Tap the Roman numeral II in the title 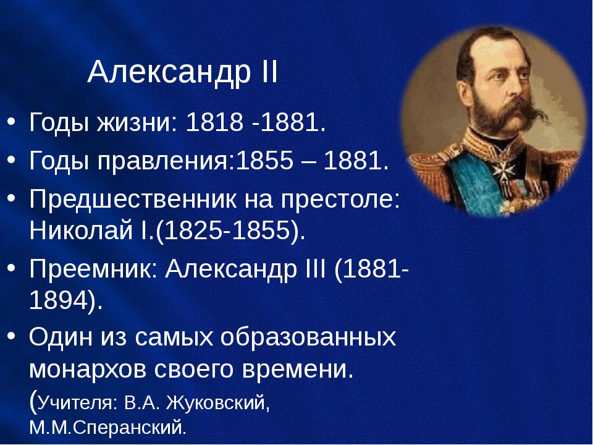[x=269, y=72]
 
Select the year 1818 [x=214, y=122]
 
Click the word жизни [x=137, y=122]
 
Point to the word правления [x=166, y=161]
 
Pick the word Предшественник [x=133, y=199]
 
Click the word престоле [x=340, y=198]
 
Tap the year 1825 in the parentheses [x=193, y=230]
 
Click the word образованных [x=308, y=337]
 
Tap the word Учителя [x=78, y=402]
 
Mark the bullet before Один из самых [x=11, y=335]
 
